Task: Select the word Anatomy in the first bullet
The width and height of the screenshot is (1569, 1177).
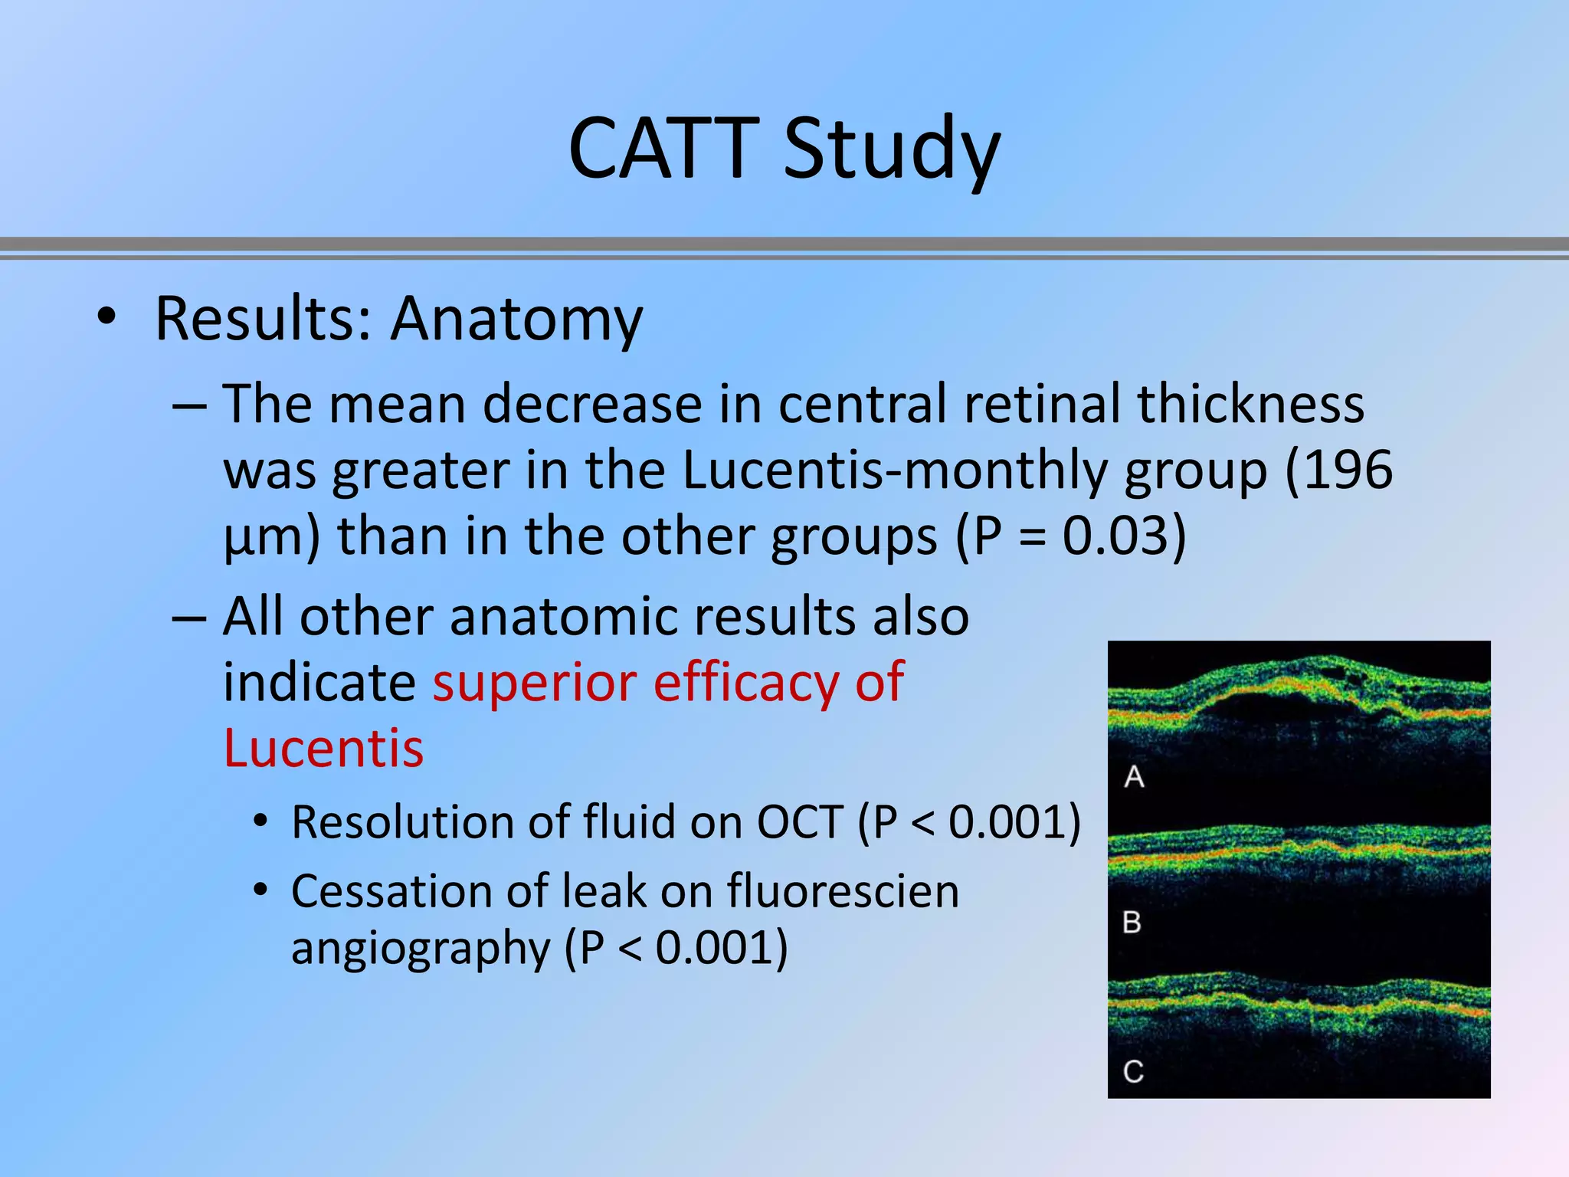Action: coord(516,319)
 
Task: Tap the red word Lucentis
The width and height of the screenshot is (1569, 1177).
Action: coord(323,748)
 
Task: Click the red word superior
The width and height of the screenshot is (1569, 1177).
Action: coord(534,681)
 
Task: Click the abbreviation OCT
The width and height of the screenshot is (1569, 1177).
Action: coord(800,822)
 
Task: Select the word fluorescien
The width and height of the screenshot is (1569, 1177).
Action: coord(843,891)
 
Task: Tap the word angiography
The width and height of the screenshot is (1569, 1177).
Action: coord(421,949)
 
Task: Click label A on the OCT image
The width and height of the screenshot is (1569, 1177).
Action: coord(1135,777)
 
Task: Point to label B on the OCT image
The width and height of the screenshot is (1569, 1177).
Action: coord(1132,922)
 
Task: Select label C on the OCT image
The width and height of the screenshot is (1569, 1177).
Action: coord(1134,1071)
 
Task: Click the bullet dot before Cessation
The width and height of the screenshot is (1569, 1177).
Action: coord(261,890)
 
